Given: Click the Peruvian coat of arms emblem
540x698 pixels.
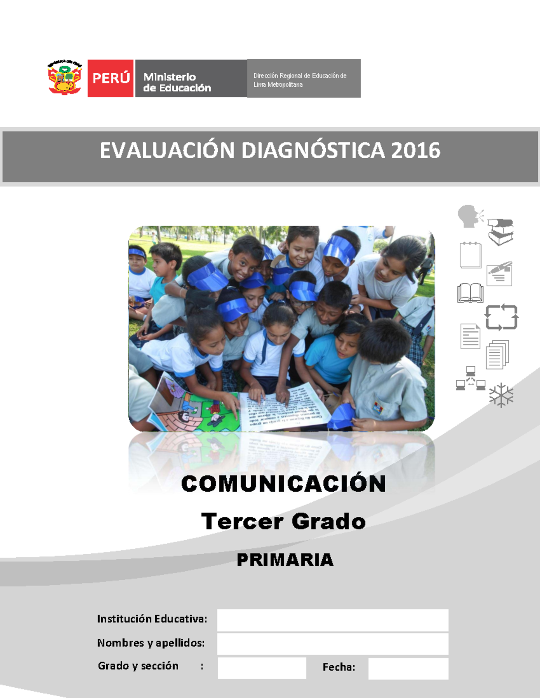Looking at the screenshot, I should click(65, 77).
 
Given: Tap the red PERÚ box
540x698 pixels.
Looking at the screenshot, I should click(111, 78).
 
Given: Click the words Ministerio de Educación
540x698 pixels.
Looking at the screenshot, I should click(177, 82).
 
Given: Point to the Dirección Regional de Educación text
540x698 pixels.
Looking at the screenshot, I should click(300, 80).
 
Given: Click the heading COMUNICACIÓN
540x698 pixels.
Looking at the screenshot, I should click(283, 484).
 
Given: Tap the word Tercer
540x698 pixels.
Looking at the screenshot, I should click(242, 521).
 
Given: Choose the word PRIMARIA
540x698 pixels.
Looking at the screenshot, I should click(285, 560).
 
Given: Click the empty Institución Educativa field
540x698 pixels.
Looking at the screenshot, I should click(333, 620).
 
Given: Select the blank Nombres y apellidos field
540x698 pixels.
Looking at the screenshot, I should click(333, 644).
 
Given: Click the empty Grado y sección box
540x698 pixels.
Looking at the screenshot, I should click(262, 668).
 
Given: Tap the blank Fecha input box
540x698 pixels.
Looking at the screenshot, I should click(408, 668).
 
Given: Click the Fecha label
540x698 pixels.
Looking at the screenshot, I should click(338, 667).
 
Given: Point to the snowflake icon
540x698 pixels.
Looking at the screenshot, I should click(501, 396).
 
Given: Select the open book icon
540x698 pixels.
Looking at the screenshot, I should click(470, 293).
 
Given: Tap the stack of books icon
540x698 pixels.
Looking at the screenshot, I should click(500, 231).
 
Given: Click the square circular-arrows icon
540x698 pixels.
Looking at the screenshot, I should click(501, 317).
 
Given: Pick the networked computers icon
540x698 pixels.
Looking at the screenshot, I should click(471, 378).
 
